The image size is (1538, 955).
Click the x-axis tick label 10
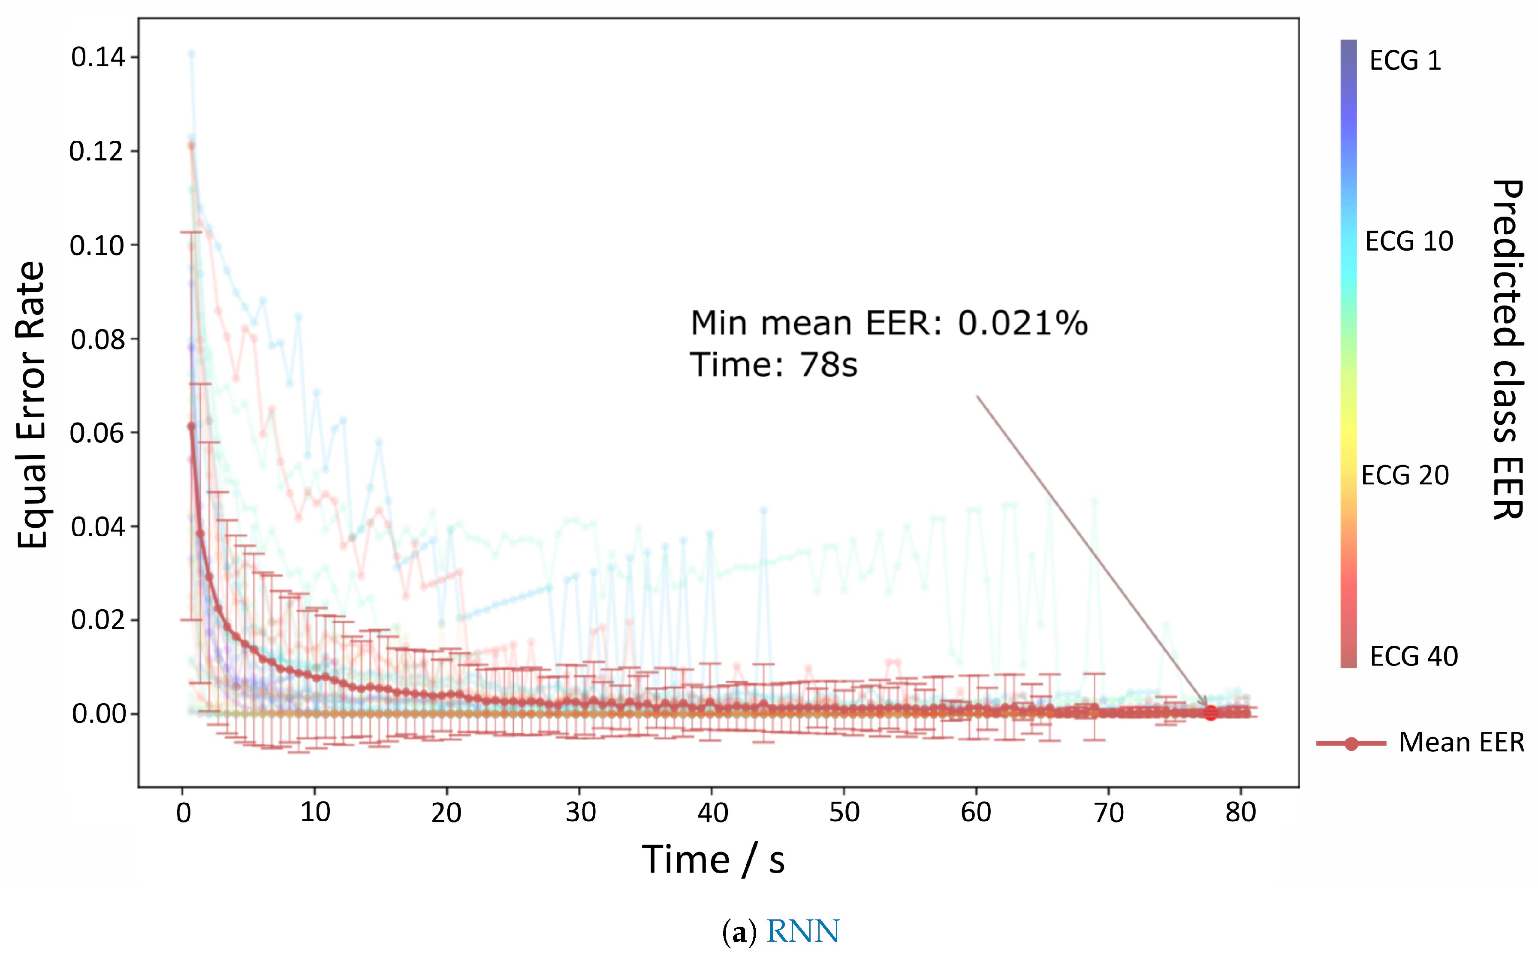tap(315, 812)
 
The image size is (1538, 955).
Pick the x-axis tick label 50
tap(844, 812)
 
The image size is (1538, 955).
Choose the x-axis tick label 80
tap(1241, 812)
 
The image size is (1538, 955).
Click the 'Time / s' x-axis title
tap(713, 860)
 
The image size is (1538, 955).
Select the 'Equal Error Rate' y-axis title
tap(32, 404)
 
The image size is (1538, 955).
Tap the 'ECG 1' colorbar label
tap(1405, 60)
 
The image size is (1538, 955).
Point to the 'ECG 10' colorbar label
tap(1409, 241)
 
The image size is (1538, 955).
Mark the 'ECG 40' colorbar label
tap(1414, 657)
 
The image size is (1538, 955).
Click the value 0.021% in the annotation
tap(1023, 323)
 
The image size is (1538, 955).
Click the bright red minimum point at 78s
tap(1210, 713)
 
